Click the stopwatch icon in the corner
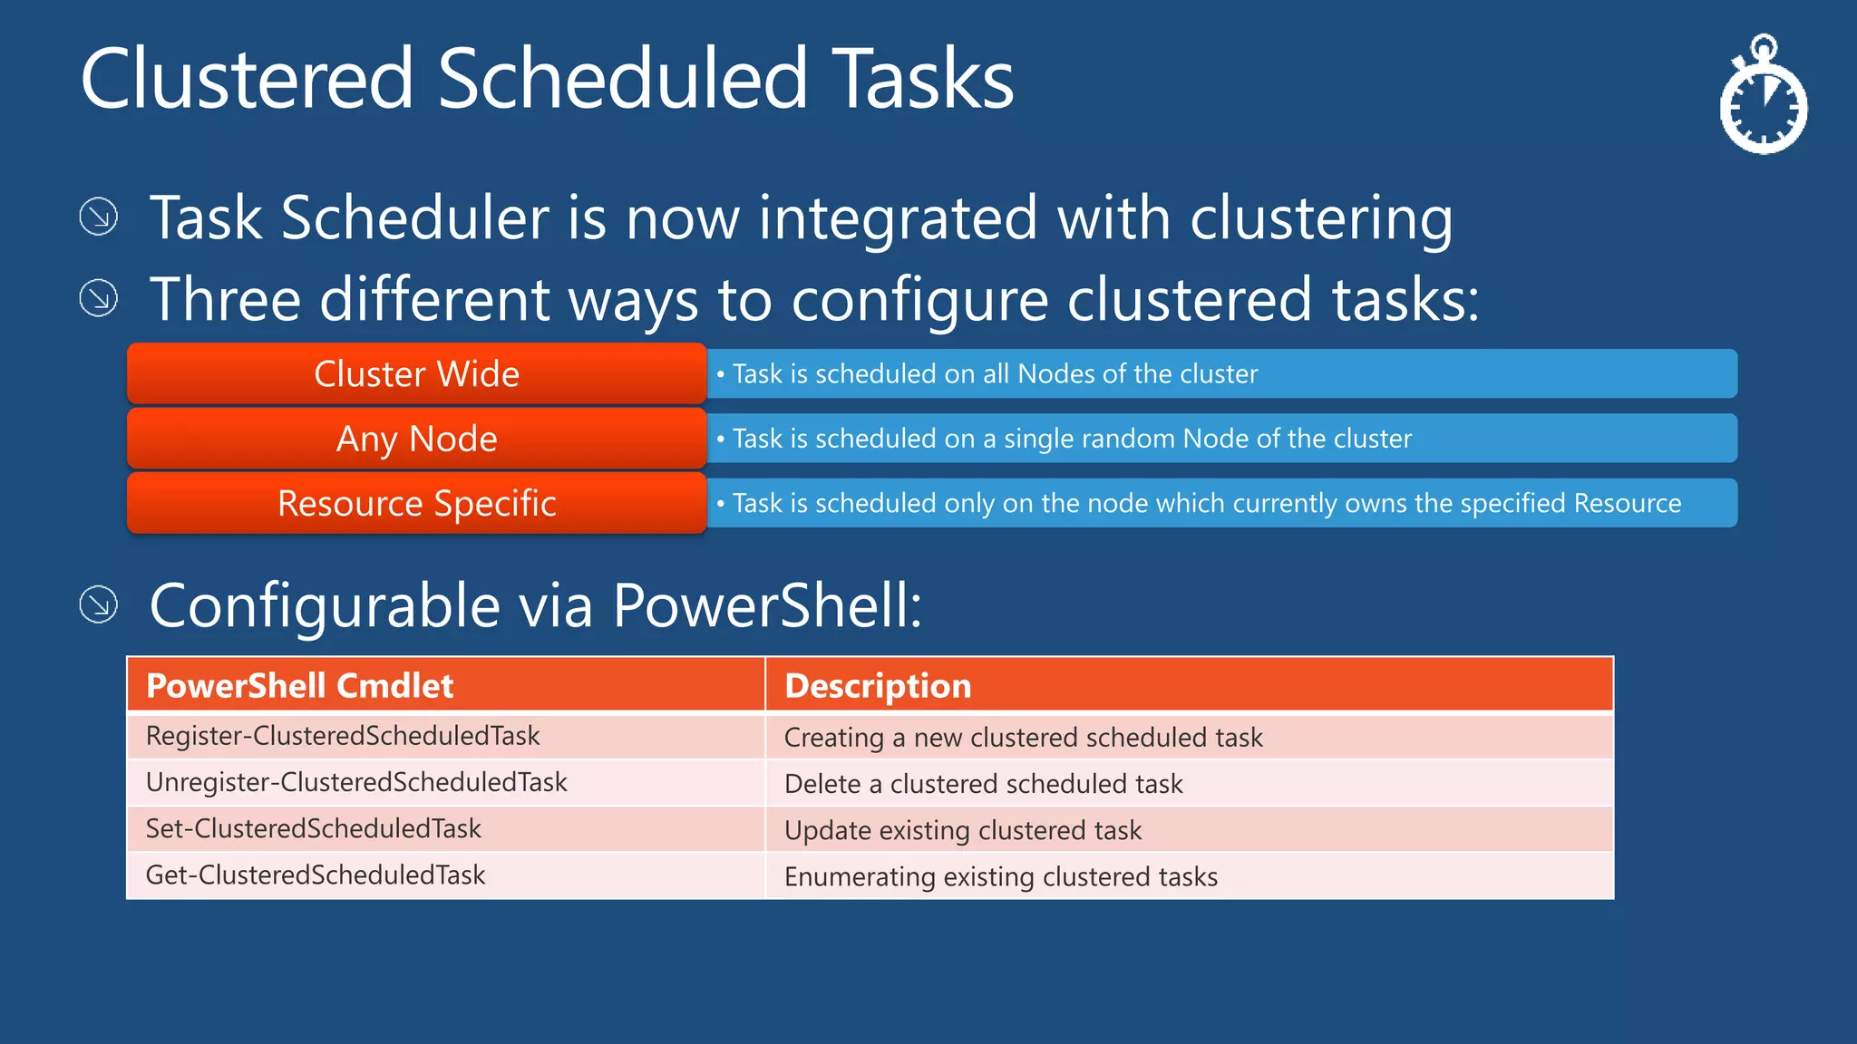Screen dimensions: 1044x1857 (x=1763, y=98)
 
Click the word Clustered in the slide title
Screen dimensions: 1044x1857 (x=247, y=80)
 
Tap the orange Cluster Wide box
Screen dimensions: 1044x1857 (x=416, y=373)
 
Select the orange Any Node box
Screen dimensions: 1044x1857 (x=416, y=439)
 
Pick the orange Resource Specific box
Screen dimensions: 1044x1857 (x=416, y=503)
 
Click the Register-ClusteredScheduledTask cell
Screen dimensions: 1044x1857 (x=343, y=736)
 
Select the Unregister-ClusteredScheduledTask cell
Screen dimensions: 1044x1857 (x=356, y=782)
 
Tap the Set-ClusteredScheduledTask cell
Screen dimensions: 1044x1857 (x=314, y=828)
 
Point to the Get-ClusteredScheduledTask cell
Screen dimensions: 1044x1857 (x=316, y=875)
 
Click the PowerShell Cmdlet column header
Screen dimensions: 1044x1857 (x=299, y=685)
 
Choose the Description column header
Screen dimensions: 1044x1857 (x=878, y=685)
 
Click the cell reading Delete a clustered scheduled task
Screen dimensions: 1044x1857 (x=984, y=784)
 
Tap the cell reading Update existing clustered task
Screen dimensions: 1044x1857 (x=963, y=830)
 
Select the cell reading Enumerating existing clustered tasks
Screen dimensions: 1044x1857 (x=1001, y=876)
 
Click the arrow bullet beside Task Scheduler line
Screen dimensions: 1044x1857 (x=99, y=217)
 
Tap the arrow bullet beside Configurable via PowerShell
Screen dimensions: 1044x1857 (x=99, y=604)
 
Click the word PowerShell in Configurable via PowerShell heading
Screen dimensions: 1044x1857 (x=766, y=605)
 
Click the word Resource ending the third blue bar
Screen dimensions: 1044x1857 (x=1628, y=503)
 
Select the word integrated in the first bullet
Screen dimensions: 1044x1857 (x=898, y=217)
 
